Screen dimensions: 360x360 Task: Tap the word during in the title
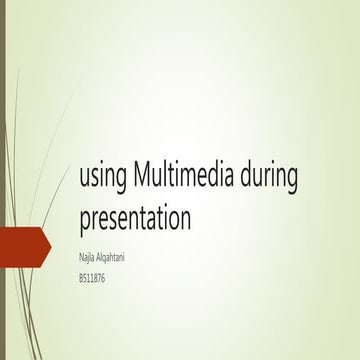tap(269, 177)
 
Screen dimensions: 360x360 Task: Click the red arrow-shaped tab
tap(24, 244)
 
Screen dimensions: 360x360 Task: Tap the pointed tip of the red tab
tap(50, 244)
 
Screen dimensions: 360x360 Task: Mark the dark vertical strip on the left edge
tap(3, 180)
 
